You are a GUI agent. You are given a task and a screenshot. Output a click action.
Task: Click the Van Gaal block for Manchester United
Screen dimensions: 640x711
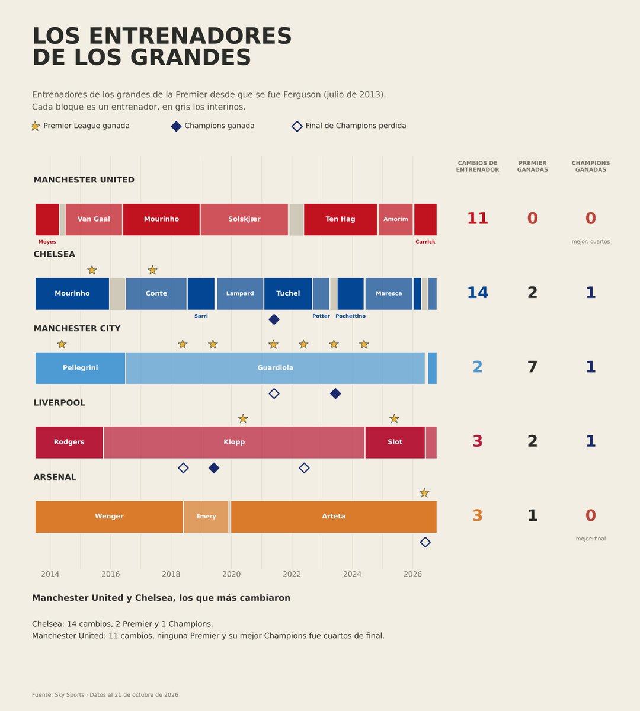pos(94,219)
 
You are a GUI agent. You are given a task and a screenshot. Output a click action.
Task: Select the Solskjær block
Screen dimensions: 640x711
pos(244,219)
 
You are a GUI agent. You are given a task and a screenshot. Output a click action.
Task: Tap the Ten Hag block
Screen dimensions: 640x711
pos(340,219)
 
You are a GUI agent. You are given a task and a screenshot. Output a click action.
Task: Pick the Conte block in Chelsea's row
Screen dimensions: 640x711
pos(156,294)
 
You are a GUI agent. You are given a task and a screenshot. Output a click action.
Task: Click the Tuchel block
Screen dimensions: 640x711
pos(288,294)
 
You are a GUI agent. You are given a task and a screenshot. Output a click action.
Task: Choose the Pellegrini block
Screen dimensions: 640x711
pos(80,368)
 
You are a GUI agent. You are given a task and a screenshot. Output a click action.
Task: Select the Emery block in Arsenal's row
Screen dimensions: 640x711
pos(206,517)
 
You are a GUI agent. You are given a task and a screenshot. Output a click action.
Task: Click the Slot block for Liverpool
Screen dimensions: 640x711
pos(395,443)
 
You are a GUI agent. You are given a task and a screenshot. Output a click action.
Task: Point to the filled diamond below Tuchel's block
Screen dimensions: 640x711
pos(274,319)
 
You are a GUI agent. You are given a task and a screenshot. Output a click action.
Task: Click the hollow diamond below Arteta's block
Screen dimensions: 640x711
pos(425,542)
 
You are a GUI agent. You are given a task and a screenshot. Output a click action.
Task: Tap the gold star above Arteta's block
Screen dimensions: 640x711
pos(424,493)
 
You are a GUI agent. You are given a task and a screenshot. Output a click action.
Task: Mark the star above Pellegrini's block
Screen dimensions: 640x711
pos(62,344)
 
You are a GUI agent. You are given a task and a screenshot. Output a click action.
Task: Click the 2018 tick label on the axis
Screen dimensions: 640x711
pos(171,574)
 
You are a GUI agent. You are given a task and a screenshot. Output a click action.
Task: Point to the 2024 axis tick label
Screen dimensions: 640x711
pos(352,574)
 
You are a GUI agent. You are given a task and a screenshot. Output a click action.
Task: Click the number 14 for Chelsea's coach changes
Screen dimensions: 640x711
pos(477,293)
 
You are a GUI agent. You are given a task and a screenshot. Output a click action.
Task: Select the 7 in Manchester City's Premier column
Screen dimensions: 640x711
pos(532,367)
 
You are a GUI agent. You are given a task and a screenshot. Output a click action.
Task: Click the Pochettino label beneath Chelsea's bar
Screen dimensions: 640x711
pos(350,316)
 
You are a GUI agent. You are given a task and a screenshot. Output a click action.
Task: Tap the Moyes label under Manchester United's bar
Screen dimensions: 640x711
pos(47,242)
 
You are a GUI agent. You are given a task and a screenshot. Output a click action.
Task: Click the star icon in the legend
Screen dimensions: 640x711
pos(36,126)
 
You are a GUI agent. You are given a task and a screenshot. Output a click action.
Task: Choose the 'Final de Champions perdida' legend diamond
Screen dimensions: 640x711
pos(297,126)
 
